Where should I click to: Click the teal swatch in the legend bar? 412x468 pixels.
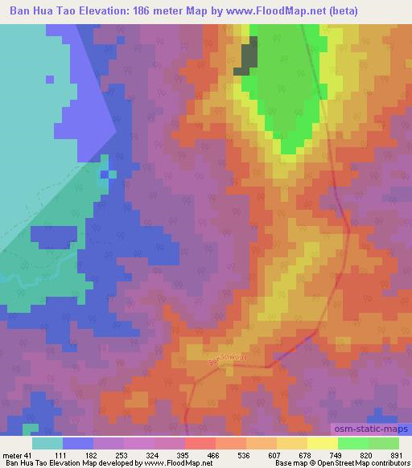pyautogui.click(x=47, y=443)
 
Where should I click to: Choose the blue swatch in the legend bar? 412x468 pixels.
pyautogui.click(x=78, y=443)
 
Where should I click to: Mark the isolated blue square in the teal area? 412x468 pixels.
pyautogui.click(x=50, y=80)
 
